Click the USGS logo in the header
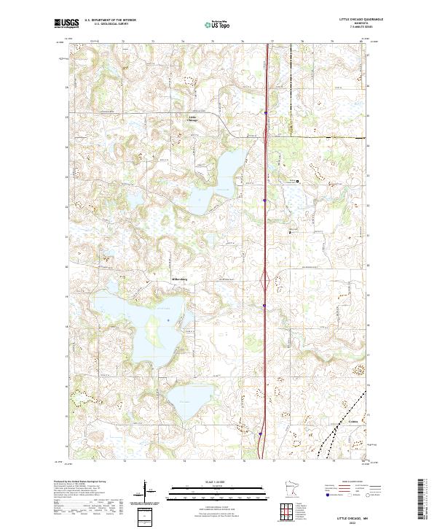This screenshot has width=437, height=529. coord(66,23)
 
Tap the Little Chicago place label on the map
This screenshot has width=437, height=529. coord(193,118)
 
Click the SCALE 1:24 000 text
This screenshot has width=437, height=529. coord(218,481)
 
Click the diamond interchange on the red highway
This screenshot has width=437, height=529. coord(266,279)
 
